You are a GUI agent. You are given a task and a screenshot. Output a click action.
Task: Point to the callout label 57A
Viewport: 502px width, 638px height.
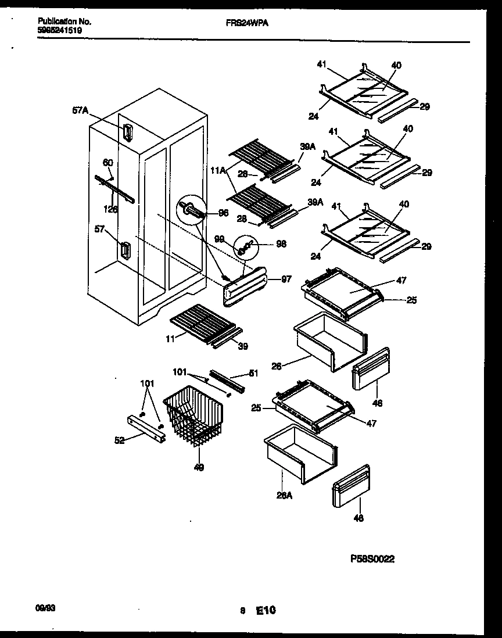(x=80, y=109)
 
